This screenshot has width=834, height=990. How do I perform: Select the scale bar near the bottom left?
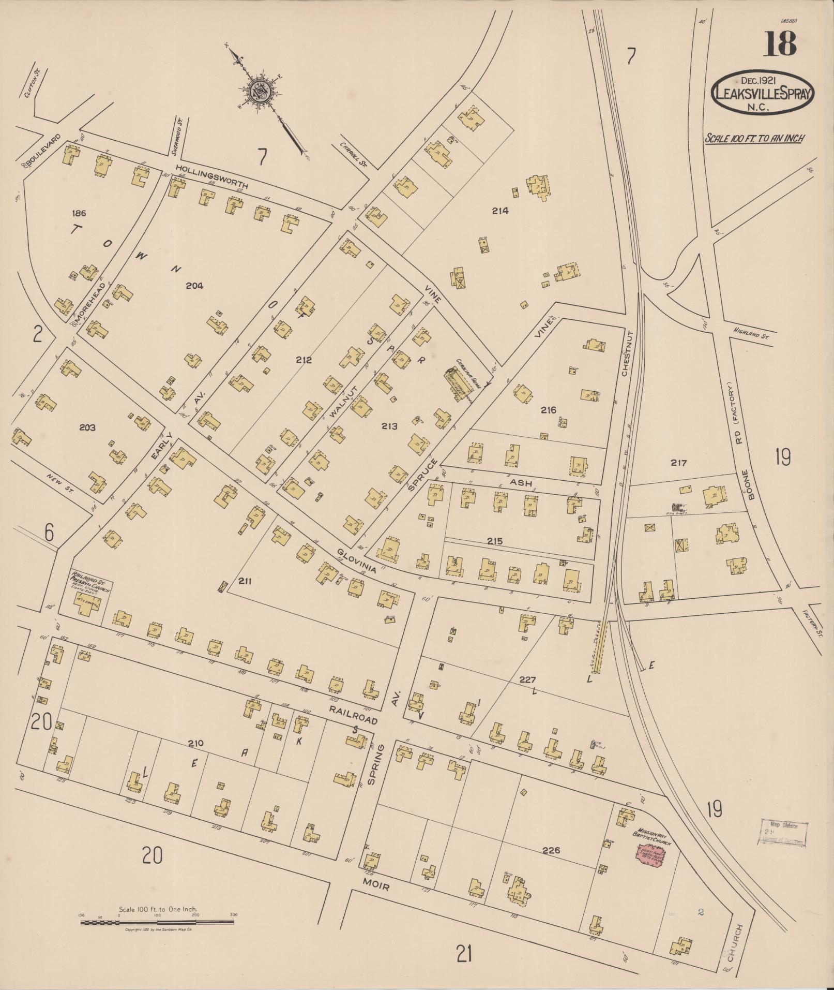click(x=158, y=922)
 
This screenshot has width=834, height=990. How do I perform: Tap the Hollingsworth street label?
click(x=211, y=176)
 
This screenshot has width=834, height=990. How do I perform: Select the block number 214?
click(x=500, y=211)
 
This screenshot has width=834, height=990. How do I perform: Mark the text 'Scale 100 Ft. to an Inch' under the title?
click(x=754, y=138)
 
